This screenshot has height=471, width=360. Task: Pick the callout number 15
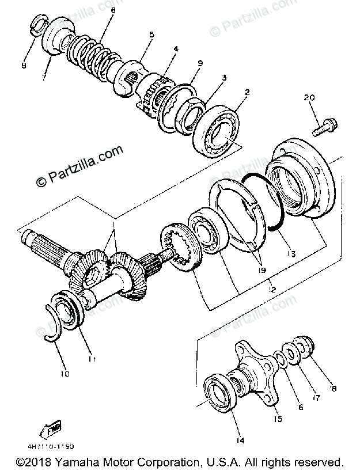tap(278, 419)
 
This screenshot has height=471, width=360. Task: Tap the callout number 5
tap(151, 35)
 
